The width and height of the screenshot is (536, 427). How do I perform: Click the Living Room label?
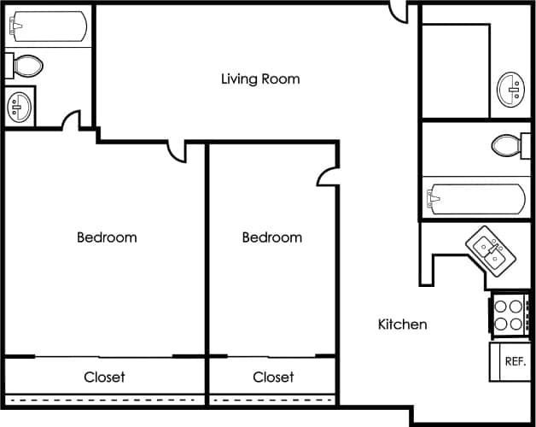click(260, 79)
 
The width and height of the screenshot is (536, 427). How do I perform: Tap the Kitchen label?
click(402, 325)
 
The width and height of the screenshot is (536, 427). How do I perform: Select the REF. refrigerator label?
click(515, 361)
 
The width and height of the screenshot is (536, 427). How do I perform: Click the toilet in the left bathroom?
click(24, 65)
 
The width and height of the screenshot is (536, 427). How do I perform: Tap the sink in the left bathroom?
click(19, 107)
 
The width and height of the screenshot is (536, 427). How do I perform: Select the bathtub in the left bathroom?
click(49, 26)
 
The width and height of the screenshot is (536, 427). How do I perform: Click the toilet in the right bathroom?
click(510, 144)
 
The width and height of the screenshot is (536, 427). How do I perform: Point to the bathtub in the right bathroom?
click(477, 199)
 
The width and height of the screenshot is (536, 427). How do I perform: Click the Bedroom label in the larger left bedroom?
click(107, 237)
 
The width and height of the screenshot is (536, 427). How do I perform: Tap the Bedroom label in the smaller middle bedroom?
click(271, 237)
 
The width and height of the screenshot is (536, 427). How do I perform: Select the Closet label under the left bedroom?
click(104, 377)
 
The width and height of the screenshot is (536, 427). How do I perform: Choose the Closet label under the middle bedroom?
click(273, 377)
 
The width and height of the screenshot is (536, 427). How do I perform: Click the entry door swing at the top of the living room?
click(399, 12)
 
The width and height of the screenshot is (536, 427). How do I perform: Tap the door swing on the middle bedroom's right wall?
click(328, 176)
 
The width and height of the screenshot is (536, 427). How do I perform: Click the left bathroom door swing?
click(71, 120)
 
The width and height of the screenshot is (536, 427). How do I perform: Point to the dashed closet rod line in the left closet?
click(104, 399)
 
